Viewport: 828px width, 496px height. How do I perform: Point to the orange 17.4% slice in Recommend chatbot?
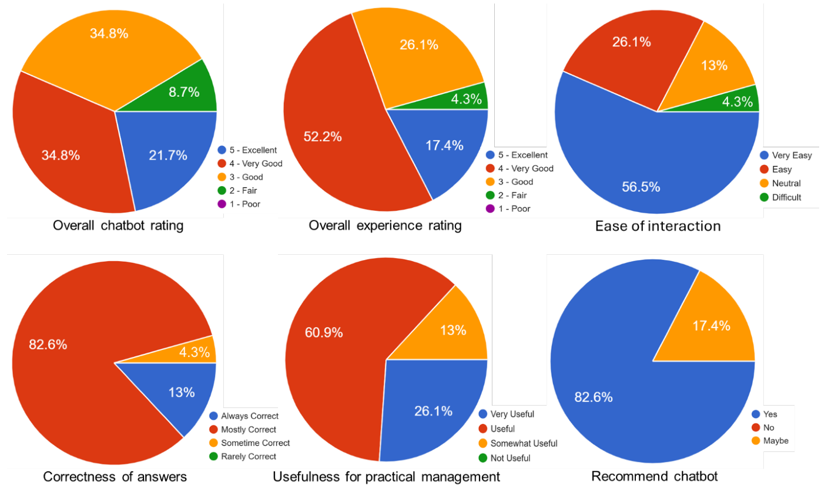714,329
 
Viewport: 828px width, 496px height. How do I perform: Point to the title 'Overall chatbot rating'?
118,225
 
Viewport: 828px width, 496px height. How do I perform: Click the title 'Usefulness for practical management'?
386,477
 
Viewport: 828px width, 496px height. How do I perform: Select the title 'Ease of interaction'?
658,226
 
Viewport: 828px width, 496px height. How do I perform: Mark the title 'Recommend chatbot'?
654,476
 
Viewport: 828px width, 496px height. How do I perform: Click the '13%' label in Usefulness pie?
453,330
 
